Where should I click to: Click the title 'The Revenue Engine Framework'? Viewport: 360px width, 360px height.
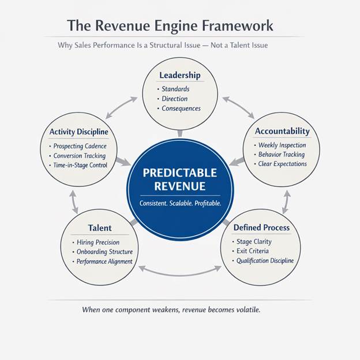pyautogui.click(x=170, y=26)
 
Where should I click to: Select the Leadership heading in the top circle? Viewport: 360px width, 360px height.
pyautogui.click(x=179, y=75)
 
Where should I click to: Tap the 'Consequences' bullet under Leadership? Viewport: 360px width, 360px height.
pyautogui.click(x=181, y=108)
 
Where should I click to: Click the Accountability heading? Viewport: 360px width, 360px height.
pyautogui.click(x=282, y=131)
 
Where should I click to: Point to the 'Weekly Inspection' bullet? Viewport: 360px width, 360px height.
pyautogui.click(x=282, y=145)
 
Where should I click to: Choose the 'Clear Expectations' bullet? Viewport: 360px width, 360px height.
pyautogui.click(x=282, y=164)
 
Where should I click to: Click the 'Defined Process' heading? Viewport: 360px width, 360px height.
pyautogui.click(x=261, y=227)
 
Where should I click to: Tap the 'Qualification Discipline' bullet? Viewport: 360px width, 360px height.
pyautogui.click(x=265, y=261)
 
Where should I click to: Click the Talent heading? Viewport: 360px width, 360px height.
pyautogui.click(x=100, y=228)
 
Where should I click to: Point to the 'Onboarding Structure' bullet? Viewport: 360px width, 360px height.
pyautogui.click(x=104, y=252)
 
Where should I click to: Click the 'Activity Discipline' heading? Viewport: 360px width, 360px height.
pyautogui.click(x=78, y=132)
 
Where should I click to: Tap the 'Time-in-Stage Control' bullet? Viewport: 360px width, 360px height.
pyautogui.click(x=83, y=165)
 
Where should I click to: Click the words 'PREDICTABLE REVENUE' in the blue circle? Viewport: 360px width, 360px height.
pyautogui.click(x=179, y=179)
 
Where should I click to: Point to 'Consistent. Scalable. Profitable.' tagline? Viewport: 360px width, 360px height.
pyautogui.click(x=180, y=204)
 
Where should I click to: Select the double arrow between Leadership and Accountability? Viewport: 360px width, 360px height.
pyautogui.click(x=238, y=108)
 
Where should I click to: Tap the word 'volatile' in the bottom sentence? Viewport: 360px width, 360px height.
pyautogui.click(x=246, y=310)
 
